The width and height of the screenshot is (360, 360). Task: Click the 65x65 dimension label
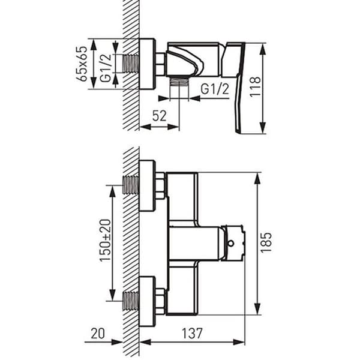[x=82, y=64]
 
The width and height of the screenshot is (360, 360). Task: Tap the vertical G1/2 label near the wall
[x=106, y=68]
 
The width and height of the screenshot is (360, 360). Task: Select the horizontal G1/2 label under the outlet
[x=215, y=89]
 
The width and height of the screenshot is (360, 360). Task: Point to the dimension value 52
[x=160, y=116]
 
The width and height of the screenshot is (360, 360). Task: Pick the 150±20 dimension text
[x=105, y=241]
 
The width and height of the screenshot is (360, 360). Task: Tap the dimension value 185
[x=266, y=242]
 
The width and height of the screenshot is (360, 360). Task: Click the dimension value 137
[x=193, y=334]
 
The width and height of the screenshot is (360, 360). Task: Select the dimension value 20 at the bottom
[x=98, y=334]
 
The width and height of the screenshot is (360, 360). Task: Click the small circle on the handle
[x=231, y=243]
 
